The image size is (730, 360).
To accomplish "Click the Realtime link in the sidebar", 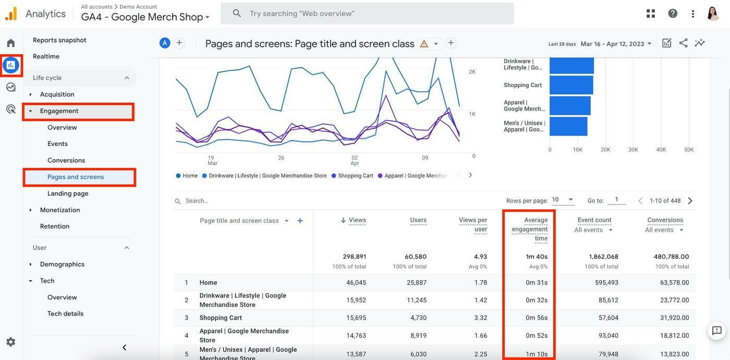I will click(46, 56).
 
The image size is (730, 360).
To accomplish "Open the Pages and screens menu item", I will click(76, 177).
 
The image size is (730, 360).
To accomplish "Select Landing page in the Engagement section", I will click(68, 194).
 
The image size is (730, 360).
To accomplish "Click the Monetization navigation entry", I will click(60, 210).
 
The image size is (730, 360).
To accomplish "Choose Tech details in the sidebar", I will click(65, 314).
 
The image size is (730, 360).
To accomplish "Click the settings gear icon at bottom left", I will click(10, 342).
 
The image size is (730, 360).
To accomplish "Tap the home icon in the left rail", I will click(10, 43).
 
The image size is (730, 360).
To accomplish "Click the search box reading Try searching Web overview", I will click(367, 14).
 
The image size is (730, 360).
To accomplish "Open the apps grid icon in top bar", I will click(650, 14).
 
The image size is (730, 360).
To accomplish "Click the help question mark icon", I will click(673, 14).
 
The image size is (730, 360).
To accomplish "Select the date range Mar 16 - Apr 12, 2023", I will click(616, 44).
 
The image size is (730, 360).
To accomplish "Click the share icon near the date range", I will click(683, 43).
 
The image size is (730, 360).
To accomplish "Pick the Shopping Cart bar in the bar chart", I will click(571, 85).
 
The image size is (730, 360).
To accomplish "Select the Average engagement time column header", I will click(530, 229).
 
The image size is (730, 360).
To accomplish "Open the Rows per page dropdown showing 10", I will click(563, 200).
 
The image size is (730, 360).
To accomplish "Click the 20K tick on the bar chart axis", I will click(605, 150).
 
